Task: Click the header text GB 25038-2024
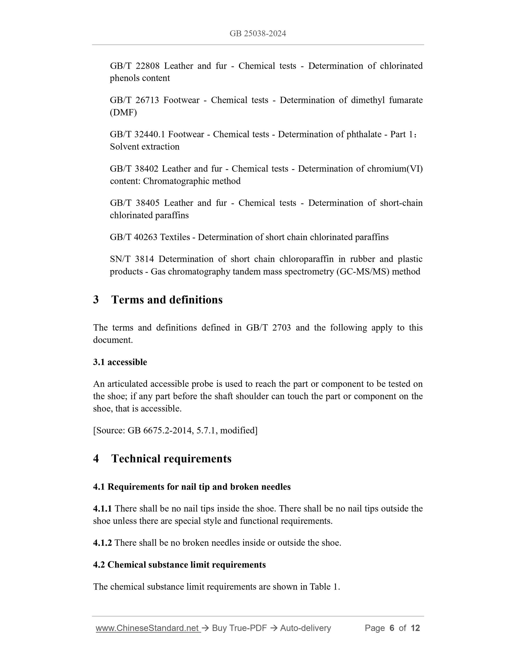pyautogui.click(x=258, y=33)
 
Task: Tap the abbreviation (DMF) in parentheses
pyautogui.click(x=123, y=112)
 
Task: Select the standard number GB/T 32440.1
pyautogui.click(x=137, y=134)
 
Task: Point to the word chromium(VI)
pyautogui.click(x=395, y=168)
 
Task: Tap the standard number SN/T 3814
pyautogui.click(x=132, y=259)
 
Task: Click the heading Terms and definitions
pyautogui.click(x=167, y=300)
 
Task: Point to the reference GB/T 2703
pyautogui.click(x=268, y=328)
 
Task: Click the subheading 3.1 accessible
pyautogui.click(x=120, y=362)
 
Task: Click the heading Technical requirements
pyautogui.click(x=171, y=459)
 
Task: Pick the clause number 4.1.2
pyautogui.click(x=102, y=543)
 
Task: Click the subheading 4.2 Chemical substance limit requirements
pyautogui.click(x=179, y=565)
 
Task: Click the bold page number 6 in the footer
pyautogui.click(x=392, y=628)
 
